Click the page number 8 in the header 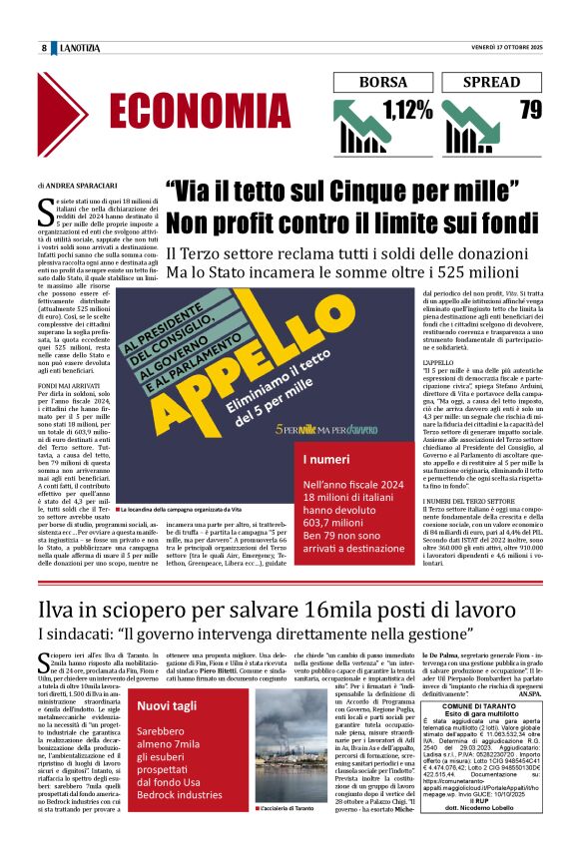point(45,48)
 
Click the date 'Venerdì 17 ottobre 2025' point(506,48)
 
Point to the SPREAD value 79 point(531,110)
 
